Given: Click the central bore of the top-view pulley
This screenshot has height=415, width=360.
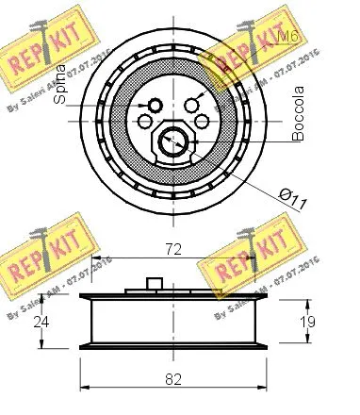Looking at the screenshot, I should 171,141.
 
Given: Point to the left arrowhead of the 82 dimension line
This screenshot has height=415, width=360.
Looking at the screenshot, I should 84,389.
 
